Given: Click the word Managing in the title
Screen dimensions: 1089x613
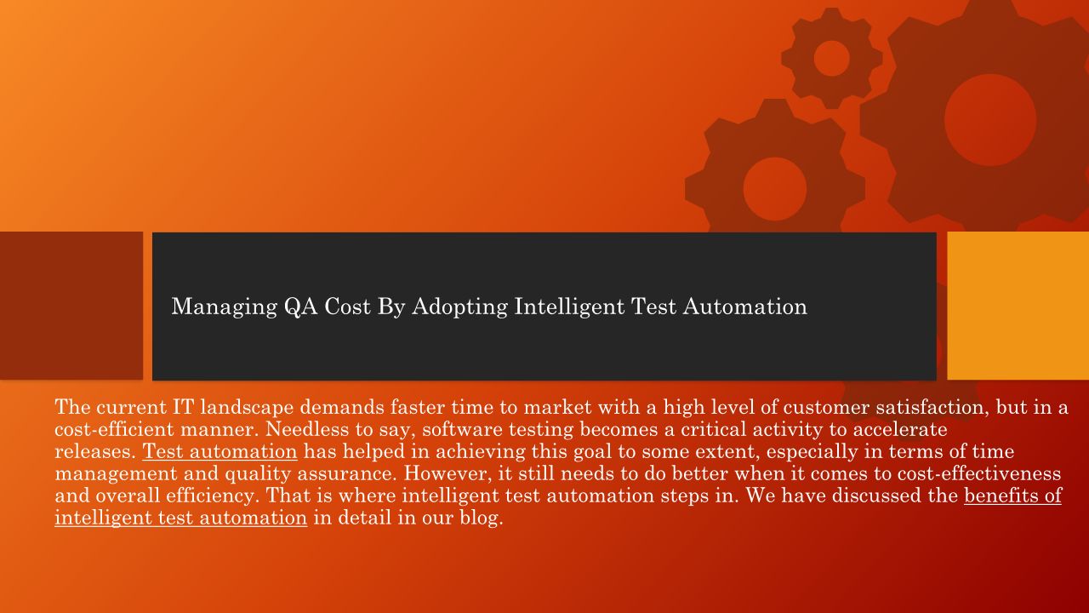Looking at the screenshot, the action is pos(224,307).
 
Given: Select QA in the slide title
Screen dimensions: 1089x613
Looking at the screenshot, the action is pos(300,307).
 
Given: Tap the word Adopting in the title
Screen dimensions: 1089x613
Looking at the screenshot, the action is pos(459,307).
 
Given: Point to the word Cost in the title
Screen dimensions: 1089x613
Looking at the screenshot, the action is pos(347,307).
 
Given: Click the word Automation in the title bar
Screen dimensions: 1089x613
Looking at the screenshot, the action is pos(744,307).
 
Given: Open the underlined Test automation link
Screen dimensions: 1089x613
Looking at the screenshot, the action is pos(220,451).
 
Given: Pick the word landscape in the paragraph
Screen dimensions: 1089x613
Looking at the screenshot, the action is pos(247,408).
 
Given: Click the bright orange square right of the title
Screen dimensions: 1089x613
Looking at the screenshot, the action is pos(1018,306).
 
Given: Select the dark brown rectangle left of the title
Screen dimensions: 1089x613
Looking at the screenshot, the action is pos(71,306).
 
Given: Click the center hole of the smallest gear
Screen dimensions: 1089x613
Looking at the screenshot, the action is pos(831,59).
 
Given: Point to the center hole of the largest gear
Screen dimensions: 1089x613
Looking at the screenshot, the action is pos(990,120).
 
